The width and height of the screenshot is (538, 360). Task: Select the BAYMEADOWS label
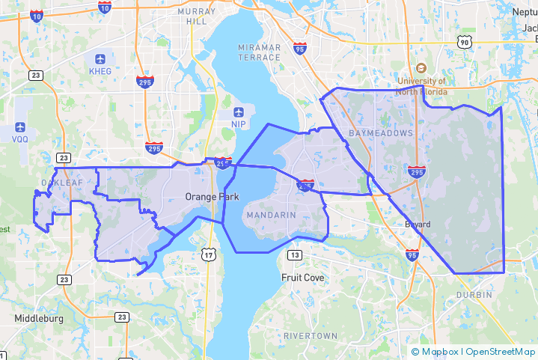pos(380,132)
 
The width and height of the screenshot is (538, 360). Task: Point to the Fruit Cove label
pos(303,277)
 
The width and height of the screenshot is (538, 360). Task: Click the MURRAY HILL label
pos(197,17)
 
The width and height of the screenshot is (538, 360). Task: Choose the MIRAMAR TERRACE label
pos(259,52)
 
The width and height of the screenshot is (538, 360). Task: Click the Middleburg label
pos(39,318)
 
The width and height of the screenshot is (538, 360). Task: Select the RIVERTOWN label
pos(311,336)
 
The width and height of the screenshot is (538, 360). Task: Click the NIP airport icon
pos(239,110)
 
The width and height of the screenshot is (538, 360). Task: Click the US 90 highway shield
pos(465,43)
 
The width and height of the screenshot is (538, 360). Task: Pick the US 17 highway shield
pos(208,255)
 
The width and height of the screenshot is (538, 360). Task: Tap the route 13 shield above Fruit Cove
pos(296,256)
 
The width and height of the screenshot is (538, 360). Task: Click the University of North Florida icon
pos(421,69)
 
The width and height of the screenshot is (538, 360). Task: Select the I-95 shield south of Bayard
pos(412,255)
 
